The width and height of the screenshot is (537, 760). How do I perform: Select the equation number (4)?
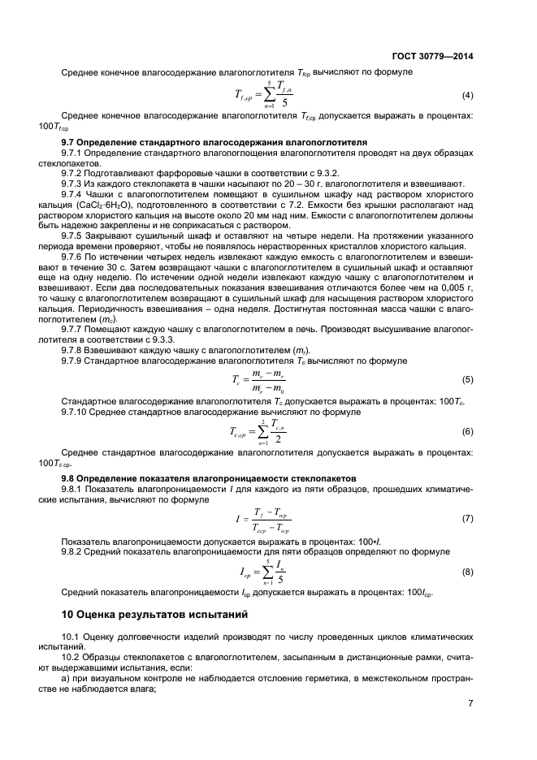(x=468, y=96)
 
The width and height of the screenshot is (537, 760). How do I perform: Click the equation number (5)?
(x=468, y=379)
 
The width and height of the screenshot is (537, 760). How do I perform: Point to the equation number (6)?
(x=468, y=431)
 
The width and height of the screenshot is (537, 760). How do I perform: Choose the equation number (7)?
(x=468, y=518)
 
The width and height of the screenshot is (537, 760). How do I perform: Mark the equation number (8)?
(x=468, y=572)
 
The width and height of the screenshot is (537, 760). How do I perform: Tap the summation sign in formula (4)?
(x=270, y=96)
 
